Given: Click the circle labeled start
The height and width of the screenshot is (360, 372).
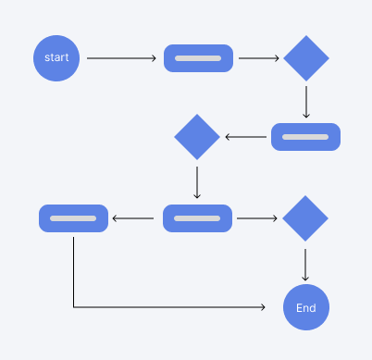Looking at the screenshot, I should pyautogui.click(x=57, y=58).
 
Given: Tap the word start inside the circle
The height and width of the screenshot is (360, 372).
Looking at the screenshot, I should pyautogui.click(x=57, y=58).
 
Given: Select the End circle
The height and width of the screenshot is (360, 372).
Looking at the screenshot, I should pyautogui.click(x=305, y=308).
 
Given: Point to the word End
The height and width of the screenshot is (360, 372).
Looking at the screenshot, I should pyautogui.click(x=305, y=308).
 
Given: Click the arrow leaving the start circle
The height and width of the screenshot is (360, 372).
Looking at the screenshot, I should pyautogui.click(x=121, y=58).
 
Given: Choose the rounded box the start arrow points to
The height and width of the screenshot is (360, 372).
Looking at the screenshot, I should pyautogui.click(x=198, y=58).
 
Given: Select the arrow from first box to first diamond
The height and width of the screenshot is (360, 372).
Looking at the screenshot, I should pyautogui.click(x=258, y=58).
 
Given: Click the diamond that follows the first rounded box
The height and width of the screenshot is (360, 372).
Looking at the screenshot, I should pyautogui.click(x=306, y=58).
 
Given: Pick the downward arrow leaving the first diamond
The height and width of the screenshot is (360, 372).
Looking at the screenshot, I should pyautogui.click(x=306, y=102).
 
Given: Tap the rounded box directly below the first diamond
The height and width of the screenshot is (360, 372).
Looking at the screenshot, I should pyautogui.click(x=305, y=137).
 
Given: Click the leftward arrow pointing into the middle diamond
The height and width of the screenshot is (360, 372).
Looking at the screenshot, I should pyautogui.click(x=245, y=137).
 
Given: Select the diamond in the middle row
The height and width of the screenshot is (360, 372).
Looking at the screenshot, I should pyautogui.click(x=197, y=137).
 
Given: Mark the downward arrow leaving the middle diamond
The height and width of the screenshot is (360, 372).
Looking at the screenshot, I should pyautogui.click(x=197, y=180).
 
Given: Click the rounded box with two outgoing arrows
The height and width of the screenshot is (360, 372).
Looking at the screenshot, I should pyautogui.click(x=197, y=218).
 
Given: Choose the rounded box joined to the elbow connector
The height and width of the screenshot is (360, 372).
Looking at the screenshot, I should pyautogui.click(x=73, y=218).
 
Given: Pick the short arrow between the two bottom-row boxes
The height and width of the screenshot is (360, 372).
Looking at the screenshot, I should pyautogui.click(x=133, y=218).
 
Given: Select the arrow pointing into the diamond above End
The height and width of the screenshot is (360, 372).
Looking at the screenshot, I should pyautogui.click(x=257, y=218).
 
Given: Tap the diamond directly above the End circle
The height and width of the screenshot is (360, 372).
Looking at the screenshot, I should pyautogui.click(x=305, y=218).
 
